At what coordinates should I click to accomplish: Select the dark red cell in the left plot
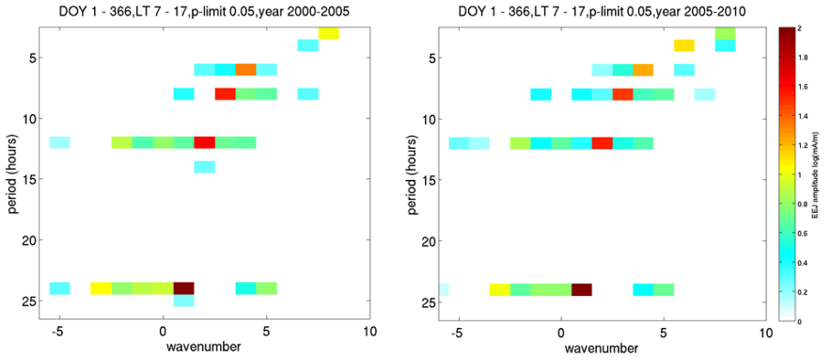(184, 289)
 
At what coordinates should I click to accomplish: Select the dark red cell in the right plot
(581, 289)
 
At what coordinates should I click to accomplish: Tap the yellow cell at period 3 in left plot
(328, 34)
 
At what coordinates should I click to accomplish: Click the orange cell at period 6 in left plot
(246, 69)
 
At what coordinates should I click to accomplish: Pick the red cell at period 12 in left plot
(205, 142)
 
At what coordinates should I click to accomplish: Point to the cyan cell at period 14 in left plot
(205, 166)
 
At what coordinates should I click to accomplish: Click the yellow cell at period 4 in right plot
(684, 46)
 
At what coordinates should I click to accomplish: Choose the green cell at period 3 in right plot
(725, 34)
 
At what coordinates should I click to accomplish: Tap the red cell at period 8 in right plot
(623, 93)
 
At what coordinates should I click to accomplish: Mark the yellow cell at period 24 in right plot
(499, 289)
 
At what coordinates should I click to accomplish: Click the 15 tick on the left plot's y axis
(27, 179)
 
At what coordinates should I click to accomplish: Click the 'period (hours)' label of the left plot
(12, 173)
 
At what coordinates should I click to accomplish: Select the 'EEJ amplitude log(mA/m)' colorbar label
(820, 174)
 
